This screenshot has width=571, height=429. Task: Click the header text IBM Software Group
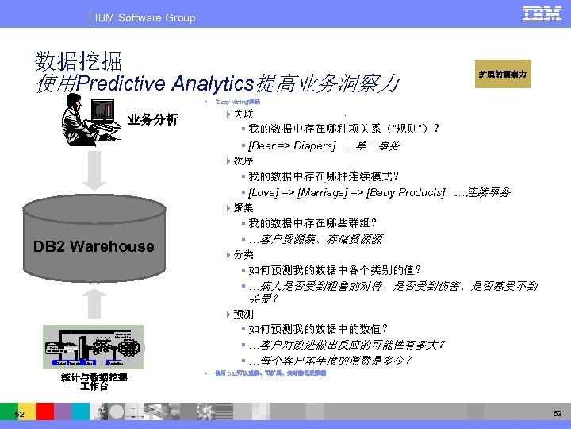pyautogui.click(x=144, y=17)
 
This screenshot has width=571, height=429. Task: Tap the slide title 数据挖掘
pyautogui.click(x=79, y=61)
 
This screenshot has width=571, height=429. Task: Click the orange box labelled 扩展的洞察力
pyautogui.click(x=502, y=74)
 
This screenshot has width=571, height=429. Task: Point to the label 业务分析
pyautogui.click(x=153, y=121)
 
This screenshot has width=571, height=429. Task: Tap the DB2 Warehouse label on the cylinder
pyautogui.click(x=94, y=246)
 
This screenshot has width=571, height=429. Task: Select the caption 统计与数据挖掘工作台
pyautogui.click(x=94, y=382)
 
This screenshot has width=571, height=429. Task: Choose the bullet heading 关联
pyautogui.click(x=243, y=114)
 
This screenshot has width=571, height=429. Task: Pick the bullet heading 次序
pyautogui.click(x=243, y=161)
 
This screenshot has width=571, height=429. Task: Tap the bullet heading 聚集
pyautogui.click(x=243, y=208)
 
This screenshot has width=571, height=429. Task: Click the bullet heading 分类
pyautogui.click(x=243, y=255)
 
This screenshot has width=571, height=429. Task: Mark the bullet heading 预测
pyautogui.click(x=243, y=315)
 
